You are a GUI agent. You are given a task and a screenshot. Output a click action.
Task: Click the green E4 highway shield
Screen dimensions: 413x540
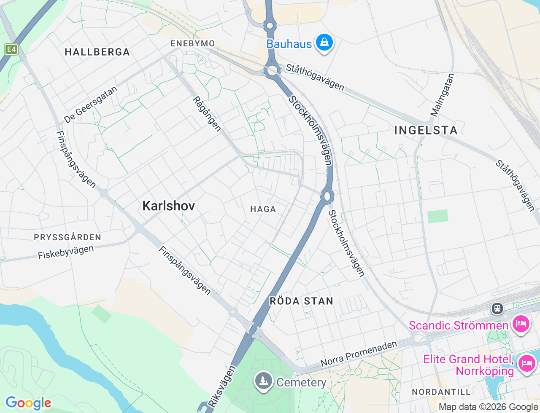coord(11,49)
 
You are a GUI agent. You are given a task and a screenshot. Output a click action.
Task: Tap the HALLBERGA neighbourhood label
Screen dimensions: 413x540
coord(97,52)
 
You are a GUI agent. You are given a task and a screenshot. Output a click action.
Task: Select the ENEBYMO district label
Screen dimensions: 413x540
coord(193,43)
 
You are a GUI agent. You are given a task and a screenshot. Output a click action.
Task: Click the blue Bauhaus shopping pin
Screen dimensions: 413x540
coord(324,43)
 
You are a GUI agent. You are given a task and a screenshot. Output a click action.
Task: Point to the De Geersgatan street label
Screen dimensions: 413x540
coord(91,105)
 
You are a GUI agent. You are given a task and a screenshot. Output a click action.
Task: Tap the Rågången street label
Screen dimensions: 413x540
coord(207,114)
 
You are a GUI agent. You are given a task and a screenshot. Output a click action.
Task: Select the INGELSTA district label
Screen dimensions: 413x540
coord(426,130)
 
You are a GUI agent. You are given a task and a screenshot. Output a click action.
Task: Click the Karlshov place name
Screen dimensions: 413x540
coord(169,206)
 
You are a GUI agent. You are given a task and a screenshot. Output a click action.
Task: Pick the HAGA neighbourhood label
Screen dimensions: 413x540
coord(263,209)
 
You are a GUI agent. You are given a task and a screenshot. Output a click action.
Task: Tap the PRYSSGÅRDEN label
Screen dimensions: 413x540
coord(67,237)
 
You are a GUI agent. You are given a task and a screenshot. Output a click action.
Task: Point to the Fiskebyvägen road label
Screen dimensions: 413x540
coord(66,252)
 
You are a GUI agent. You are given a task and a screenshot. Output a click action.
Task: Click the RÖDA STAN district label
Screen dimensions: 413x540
coord(301,301)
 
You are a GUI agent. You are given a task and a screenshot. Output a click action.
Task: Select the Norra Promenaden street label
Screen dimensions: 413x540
coord(359,354)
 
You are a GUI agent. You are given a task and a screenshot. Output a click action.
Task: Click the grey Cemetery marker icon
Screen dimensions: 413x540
coord(264,381)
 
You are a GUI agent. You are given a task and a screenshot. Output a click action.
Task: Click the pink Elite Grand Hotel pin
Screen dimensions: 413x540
coord(527,363)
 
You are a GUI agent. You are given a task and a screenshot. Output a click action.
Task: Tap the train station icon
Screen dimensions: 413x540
coord(497,308)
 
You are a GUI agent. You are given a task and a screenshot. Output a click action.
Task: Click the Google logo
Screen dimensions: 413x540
coord(28,403)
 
